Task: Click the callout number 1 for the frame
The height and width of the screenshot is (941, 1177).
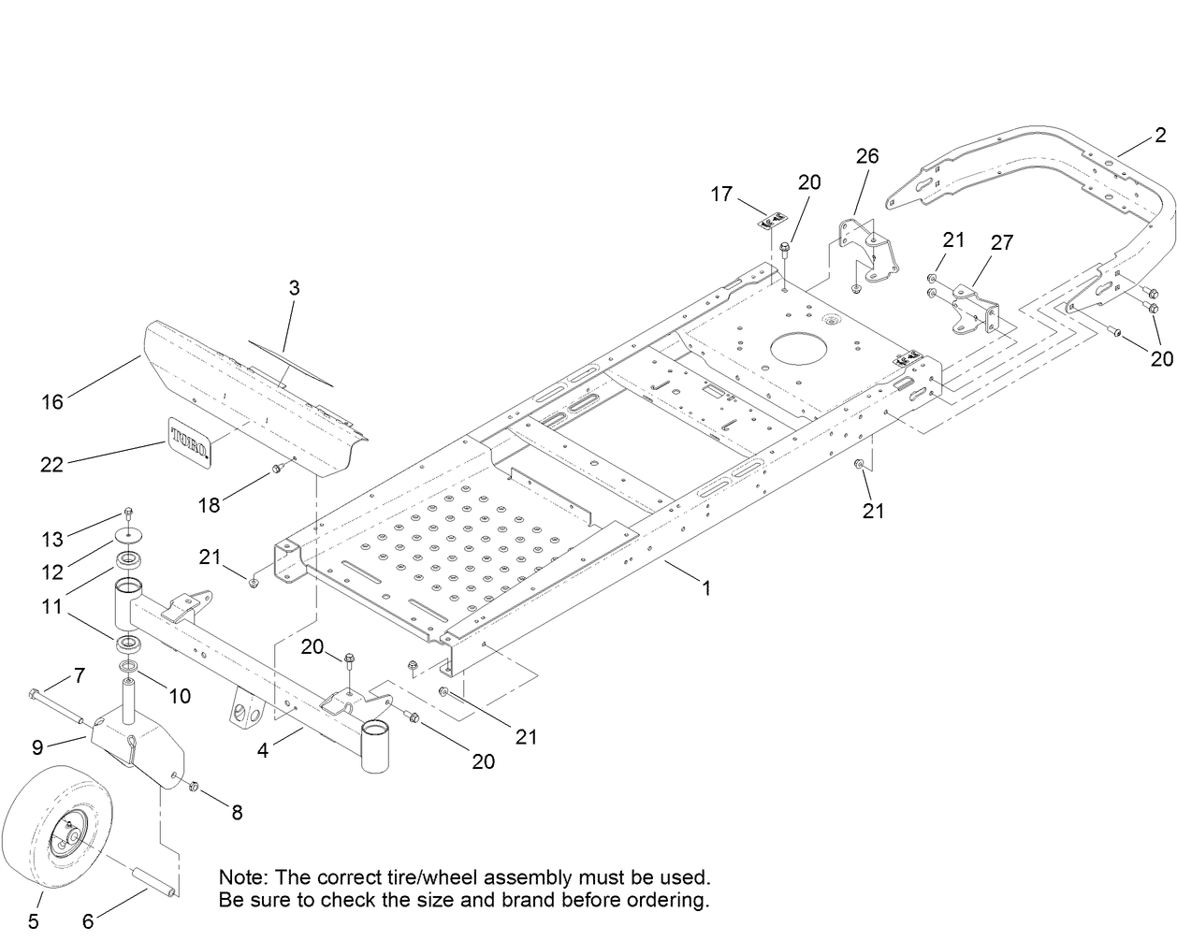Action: (x=707, y=588)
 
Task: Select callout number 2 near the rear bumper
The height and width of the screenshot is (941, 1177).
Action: (x=1160, y=136)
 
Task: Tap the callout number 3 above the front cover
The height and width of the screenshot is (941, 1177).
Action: (x=294, y=288)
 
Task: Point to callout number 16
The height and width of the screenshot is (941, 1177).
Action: (x=52, y=401)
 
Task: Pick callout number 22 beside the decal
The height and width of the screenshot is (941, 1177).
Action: (x=51, y=463)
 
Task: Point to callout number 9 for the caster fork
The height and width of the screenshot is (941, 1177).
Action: (x=37, y=746)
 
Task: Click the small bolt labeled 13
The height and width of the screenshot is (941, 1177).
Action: (x=129, y=514)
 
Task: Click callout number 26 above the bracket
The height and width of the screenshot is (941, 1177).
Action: (x=867, y=155)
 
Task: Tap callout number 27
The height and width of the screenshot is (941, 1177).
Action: (x=1001, y=243)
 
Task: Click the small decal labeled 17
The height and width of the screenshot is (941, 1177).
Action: (x=770, y=222)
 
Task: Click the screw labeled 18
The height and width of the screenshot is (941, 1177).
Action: (x=277, y=467)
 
